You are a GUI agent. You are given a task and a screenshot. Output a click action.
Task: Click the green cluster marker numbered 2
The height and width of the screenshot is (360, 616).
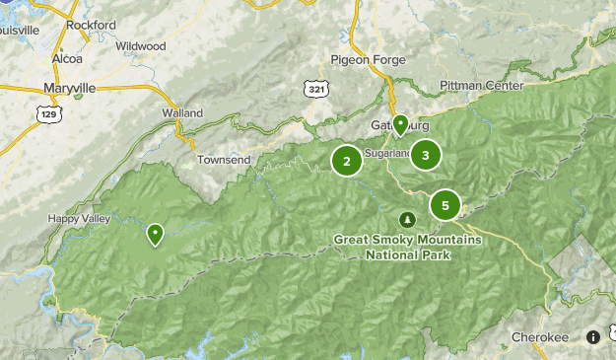pyautogui.click(x=347, y=161)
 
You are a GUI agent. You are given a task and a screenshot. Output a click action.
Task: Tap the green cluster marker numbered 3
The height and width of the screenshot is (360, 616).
pyautogui.click(x=425, y=154)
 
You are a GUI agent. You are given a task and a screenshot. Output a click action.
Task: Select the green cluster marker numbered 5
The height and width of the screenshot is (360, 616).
pyautogui.click(x=445, y=205)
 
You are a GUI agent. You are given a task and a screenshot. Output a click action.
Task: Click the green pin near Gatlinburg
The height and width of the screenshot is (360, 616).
pyautogui.click(x=400, y=124)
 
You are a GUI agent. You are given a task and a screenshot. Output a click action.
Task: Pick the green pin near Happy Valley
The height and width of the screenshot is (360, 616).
pyautogui.click(x=156, y=235)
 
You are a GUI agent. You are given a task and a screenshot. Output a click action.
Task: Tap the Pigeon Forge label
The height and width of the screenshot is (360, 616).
pyautogui.click(x=369, y=59)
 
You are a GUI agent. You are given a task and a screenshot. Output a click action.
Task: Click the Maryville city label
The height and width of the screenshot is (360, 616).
pyautogui.click(x=70, y=88)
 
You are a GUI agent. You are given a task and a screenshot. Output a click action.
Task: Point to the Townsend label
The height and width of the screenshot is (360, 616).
pyautogui.click(x=224, y=159)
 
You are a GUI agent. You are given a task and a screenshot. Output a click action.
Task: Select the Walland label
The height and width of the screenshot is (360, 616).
pyautogui.click(x=181, y=112)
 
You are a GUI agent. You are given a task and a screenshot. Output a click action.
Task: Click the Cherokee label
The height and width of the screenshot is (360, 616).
pyautogui.click(x=541, y=337)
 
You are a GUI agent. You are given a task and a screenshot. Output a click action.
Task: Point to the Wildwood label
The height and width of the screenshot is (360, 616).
pyautogui.click(x=140, y=45)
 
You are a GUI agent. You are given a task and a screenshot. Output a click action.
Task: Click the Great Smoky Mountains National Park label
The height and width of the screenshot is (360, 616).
pyautogui.click(x=407, y=247)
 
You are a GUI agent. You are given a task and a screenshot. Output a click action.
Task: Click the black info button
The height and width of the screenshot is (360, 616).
pyautogui.click(x=593, y=336)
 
